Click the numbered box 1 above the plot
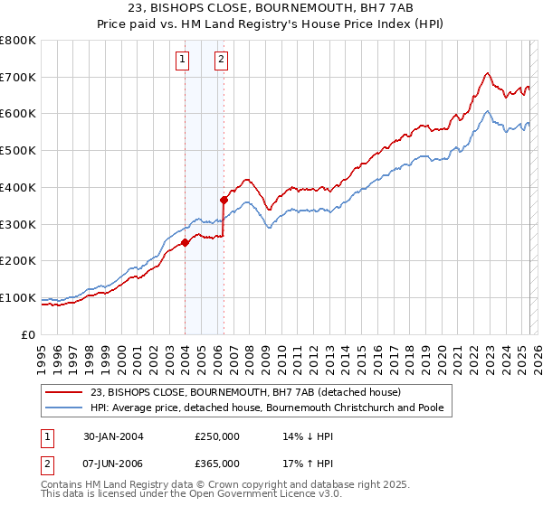click(x=184, y=61)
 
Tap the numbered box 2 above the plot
click(x=222, y=61)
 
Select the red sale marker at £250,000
click(x=185, y=242)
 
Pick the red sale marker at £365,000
click(x=224, y=200)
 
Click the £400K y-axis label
click(x=19, y=188)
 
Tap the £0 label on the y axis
click(x=29, y=334)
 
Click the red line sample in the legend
click(x=63, y=392)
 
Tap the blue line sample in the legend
click(x=63, y=408)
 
